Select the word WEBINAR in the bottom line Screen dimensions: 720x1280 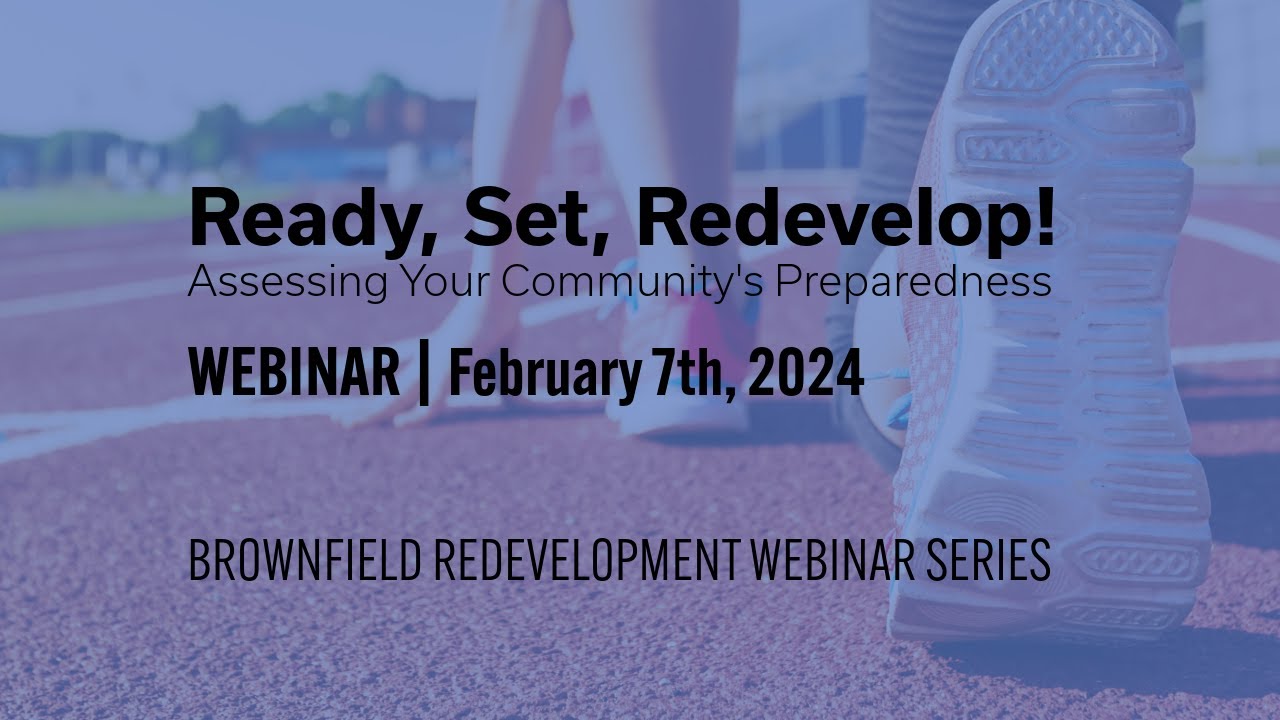pyautogui.click(x=823, y=561)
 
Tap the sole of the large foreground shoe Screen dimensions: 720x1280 pyautogui.click(x=1070, y=330)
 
